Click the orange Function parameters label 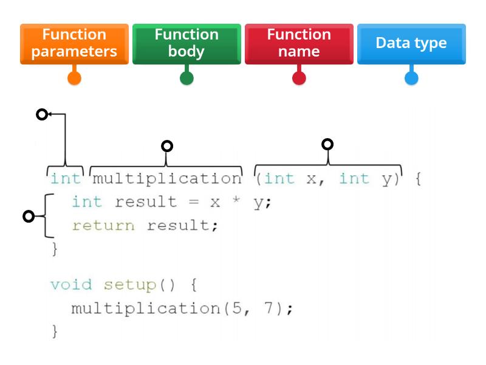point(74,43)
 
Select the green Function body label point(187,43)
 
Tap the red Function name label point(299,43)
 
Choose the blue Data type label point(411,43)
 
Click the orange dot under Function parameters point(74,78)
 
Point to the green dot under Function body point(187,78)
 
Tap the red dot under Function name point(299,78)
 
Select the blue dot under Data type point(411,78)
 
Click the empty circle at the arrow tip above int point(41,114)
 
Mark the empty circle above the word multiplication point(167,145)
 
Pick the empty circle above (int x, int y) point(327,144)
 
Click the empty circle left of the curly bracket point(28,216)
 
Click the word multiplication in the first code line point(166,179)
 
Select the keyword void point(71,285)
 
